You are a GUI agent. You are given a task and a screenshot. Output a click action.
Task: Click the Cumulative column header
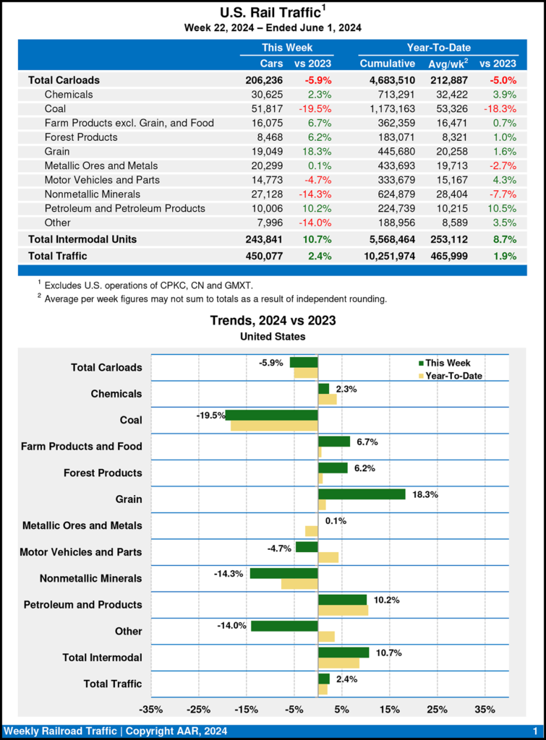(x=387, y=64)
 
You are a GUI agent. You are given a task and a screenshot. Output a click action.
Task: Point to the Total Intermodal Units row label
(x=82, y=238)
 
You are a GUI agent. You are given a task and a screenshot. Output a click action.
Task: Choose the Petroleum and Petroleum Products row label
(x=124, y=208)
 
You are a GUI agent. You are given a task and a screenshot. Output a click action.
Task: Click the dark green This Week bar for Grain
(x=362, y=494)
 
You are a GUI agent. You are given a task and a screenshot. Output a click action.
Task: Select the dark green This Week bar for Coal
(x=271, y=415)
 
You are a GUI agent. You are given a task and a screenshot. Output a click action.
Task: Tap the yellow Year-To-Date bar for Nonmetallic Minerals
(x=299, y=584)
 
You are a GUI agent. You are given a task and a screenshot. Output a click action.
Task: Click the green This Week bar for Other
(x=284, y=626)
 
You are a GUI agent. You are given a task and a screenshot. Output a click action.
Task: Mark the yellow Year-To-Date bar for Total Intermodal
(x=338, y=663)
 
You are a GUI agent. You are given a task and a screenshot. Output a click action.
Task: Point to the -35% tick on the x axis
(x=151, y=709)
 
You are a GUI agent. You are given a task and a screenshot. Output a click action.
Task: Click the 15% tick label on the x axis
(x=389, y=709)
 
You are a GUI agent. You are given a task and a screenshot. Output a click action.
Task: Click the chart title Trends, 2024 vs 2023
(x=273, y=320)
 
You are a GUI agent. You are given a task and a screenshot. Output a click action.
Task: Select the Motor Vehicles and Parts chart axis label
(x=81, y=552)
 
